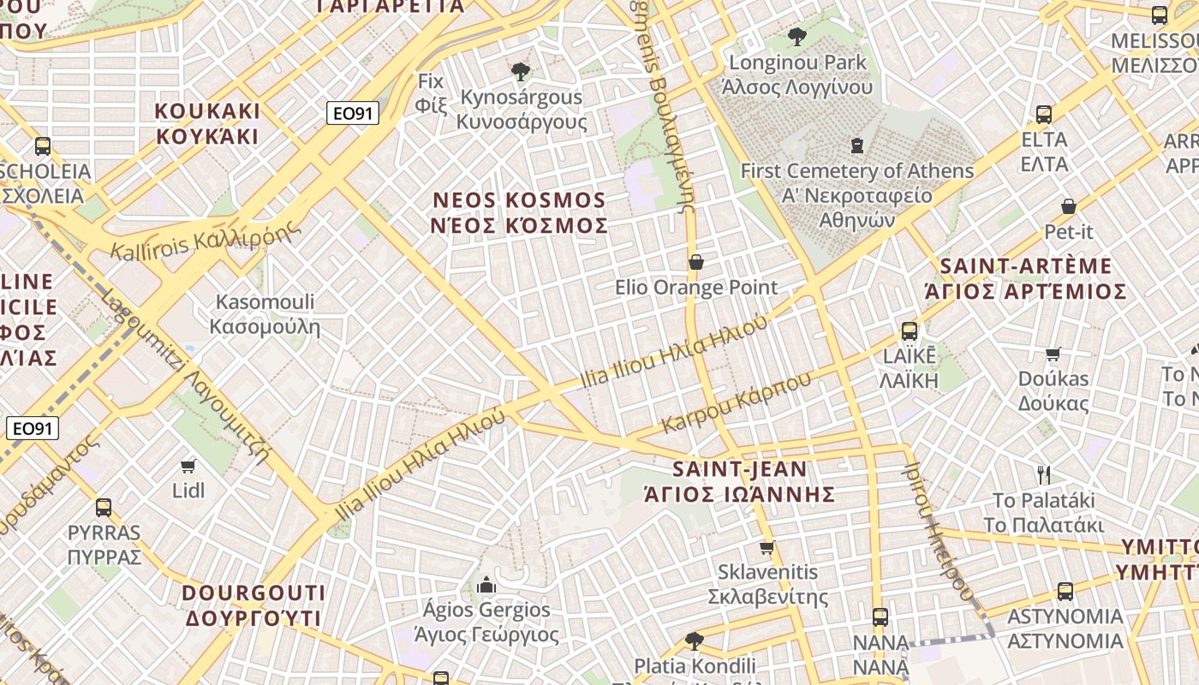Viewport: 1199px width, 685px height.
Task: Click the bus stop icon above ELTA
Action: point(1043,115)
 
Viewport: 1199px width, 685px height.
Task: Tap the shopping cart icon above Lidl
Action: point(188,466)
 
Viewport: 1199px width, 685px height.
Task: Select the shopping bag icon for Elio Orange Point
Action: point(696,262)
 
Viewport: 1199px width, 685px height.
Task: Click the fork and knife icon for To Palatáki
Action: point(1043,475)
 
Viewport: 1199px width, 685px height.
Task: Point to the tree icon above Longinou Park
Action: point(796,37)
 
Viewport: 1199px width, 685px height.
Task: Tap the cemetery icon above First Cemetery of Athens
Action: point(856,146)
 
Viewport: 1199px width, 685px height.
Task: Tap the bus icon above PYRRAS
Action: point(104,508)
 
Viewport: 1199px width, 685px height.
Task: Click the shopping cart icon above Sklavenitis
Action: point(767,547)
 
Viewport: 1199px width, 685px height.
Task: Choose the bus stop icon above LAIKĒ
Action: point(909,331)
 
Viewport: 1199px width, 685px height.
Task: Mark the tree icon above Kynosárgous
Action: point(519,72)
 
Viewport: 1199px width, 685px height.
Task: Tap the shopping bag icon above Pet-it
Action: point(1068,206)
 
